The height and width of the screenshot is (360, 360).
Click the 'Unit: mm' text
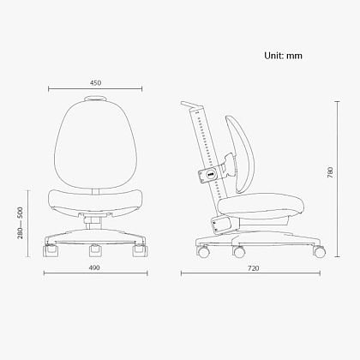[283, 56]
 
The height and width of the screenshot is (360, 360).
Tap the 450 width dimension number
[95, 83]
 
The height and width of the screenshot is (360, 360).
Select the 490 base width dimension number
[94, 267]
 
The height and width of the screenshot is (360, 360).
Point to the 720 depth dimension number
[254, 268]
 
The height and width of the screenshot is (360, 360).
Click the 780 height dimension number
[330, 172]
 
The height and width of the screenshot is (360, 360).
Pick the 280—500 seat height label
[20, 223]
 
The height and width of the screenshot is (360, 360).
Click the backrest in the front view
[95, 144]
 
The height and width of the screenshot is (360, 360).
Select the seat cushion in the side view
[261, 205]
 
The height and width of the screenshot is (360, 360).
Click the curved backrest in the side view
[239, 153]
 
